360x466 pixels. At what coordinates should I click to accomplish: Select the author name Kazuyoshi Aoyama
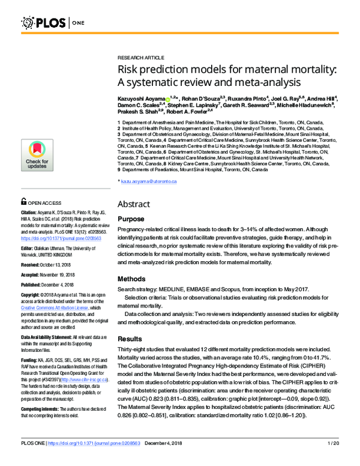142,97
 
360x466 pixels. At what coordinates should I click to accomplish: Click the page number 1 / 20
334,460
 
